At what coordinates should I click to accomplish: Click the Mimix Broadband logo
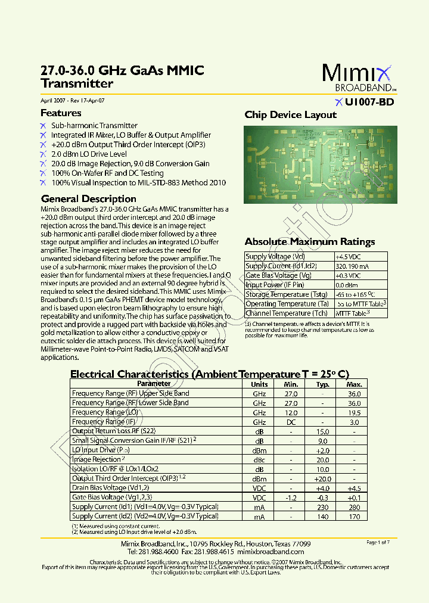357,77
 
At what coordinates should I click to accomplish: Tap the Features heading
61,113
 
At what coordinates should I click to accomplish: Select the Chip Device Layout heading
290,115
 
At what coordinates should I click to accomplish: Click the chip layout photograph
320,164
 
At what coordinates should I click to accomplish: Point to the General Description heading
88,199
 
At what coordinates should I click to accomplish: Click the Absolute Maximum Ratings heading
309,242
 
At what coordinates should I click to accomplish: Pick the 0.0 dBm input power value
347,285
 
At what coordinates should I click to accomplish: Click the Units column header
259,384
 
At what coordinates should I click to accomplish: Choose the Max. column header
354,384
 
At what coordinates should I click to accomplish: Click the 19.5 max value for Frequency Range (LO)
354,412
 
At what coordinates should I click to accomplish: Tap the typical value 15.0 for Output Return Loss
322,431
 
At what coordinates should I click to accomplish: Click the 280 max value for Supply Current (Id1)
354,507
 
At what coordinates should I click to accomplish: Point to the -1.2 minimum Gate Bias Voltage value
291,498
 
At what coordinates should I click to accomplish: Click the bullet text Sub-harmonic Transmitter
94,126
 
